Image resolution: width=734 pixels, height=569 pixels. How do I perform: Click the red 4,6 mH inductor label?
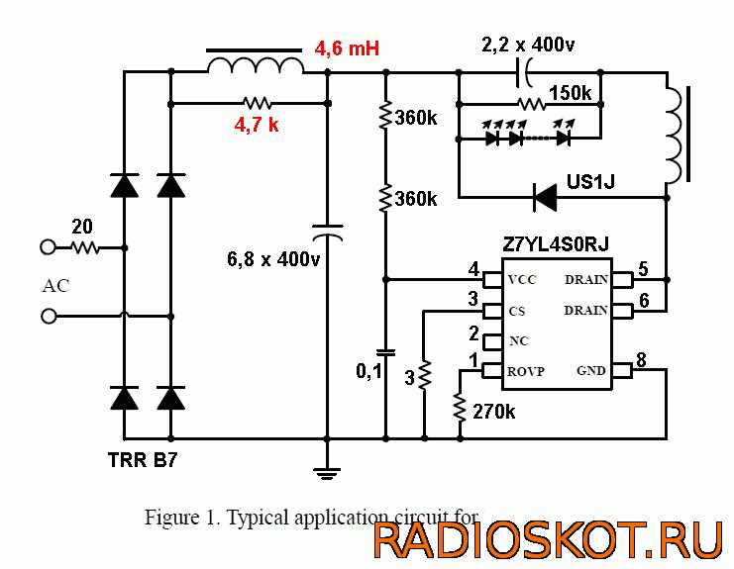click(347, 47)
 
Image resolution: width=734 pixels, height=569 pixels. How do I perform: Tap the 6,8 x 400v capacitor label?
click(274, 260)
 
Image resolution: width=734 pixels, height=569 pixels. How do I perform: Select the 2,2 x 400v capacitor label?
click(528, 45)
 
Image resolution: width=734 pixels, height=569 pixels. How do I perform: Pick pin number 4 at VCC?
click(473, 268)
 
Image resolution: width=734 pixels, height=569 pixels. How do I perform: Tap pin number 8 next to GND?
click(642, 360)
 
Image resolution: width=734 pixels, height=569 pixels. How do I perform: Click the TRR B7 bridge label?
click(143, 459)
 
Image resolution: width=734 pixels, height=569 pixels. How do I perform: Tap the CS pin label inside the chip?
click(516, 310)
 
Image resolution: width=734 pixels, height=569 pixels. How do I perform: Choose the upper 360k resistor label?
click(416, 118)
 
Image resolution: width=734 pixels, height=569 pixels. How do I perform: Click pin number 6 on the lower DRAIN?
click(643, 300)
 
